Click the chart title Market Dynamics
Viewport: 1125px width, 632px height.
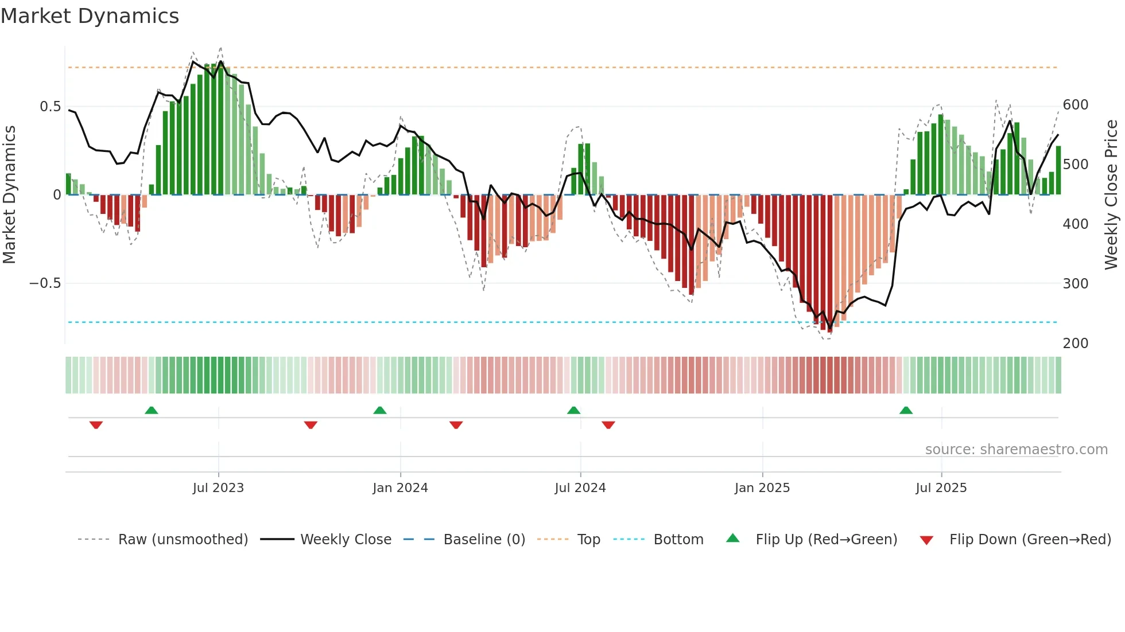pyautogui.click(x=90, y=16)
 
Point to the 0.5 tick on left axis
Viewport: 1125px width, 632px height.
pyautogui.click(x=50, y=107)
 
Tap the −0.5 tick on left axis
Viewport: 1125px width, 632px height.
pyautogui.click(x=45, y=283)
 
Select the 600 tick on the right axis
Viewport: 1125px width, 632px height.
pyautogui.click(x=1076, y=105)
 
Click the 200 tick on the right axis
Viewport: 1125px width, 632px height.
pyautogui.click(x=1076, y=343)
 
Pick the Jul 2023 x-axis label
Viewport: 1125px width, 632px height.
pyautogui.click(x=218, y=488)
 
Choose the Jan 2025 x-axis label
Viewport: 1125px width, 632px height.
pyautogui.click(x=762, y=488)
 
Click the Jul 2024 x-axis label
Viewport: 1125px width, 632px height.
pyautogui.click(x=580, y=488)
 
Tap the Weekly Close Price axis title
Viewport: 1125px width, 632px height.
pyautogui.click(x=1111, y=195)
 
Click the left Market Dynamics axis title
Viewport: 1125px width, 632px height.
pyautogui.click(x=9, y=195)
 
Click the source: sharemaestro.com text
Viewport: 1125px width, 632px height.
pyautogui.click(x=1016, y=450)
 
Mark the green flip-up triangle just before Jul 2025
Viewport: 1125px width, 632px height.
pyautogui.click(x=906, y=411)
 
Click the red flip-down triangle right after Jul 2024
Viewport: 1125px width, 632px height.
pyautogui.click(x=608, y=425)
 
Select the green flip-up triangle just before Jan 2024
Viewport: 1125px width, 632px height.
pyautogui.click(x=380, y=411)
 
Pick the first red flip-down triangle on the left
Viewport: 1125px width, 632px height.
pyautogui.click(x=96, y=425)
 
